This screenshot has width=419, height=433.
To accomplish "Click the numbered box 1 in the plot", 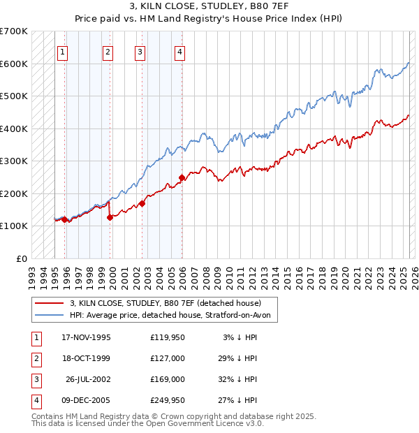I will point(63,51).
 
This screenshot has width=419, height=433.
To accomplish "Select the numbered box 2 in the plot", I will point(108,51).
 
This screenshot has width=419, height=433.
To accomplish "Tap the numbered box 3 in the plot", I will point(140,51).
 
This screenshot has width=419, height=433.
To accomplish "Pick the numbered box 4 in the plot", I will point(179,51).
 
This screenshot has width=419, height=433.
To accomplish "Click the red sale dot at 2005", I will point(182,177).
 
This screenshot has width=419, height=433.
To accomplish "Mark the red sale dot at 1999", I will point(110,217).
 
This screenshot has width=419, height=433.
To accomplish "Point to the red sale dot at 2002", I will point(142,203).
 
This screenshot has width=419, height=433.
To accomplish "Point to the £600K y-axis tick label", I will point(14,64).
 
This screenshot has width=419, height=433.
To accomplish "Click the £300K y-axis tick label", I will point(14,161).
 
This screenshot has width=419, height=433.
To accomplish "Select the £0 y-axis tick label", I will point(22,258).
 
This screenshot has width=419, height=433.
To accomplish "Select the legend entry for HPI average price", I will point(174,316).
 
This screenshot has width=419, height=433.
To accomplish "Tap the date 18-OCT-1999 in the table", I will point(86,359).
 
